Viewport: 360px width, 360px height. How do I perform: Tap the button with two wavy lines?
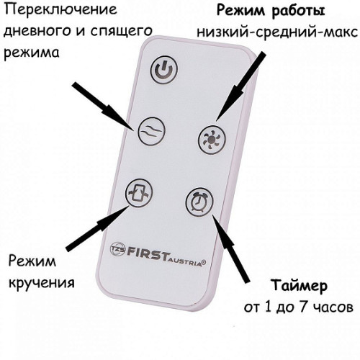pyautogui.click(x=152, y=131)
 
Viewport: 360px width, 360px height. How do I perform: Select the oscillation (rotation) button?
pyautogui.click(x=139, y=193)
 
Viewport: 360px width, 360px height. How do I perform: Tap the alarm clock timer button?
pyautogui.click(x=199, y=202)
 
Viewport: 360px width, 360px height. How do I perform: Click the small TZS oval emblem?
pyautogui.click(x=117, y=249)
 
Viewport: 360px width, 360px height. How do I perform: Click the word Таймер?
pyautogui.click(x=300, y=286)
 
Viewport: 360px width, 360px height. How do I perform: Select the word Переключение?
pyautogui.click(x=61, y=10)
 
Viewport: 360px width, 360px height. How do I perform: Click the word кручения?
pyautogui.click(x=42, y=283)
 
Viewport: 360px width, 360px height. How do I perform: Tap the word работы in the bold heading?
pyautogui.click(x=298, y=12)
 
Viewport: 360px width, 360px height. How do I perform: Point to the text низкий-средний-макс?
pyautogui.click(x=277, y=32)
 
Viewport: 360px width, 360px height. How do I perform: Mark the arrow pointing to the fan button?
pyautogui.click(x=240, y=86)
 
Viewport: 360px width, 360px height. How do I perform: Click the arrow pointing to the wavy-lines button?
pyautogui.click(x=104, y=107)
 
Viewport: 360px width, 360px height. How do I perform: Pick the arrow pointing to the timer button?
pyautogui.click(x=230, y=248)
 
